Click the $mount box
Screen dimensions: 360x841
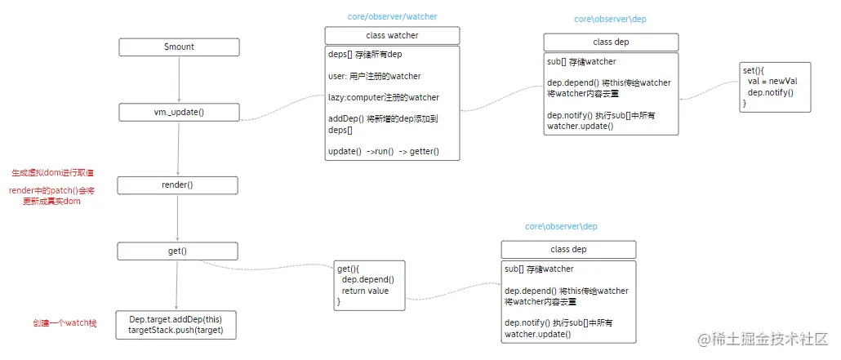(179, 47)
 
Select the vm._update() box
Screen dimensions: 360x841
(179, 112)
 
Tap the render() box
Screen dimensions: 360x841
(178, 184)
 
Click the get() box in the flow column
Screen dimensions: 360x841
(178, 251)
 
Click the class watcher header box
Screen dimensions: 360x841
(392, 36)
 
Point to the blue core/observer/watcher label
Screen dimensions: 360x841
(393, 16)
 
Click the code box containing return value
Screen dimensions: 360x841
(369, 285)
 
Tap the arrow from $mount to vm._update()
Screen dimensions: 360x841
(179, 79)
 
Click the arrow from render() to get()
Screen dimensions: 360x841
(178, 218)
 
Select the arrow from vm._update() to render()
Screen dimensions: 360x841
(178, 148)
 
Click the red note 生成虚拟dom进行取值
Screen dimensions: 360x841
(52, 173)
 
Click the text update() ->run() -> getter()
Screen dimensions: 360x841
(383, 152)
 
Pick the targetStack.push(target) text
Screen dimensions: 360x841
(176, 330)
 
